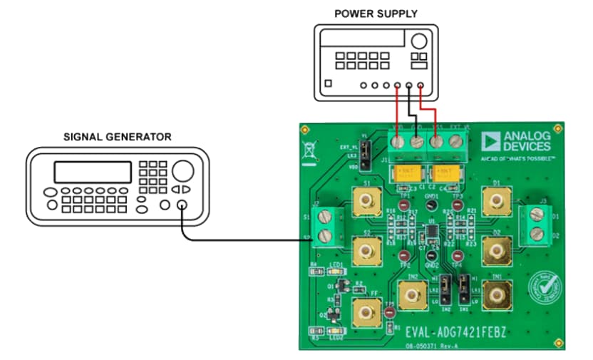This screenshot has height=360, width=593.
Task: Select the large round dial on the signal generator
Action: pos(182,170)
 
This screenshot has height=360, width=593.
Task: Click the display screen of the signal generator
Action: pos(93,172)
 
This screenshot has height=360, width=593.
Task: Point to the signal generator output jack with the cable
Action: pos(182,206)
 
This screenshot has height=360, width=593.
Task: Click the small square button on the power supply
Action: pos(327,84)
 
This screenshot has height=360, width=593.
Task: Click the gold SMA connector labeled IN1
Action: pos(496,293)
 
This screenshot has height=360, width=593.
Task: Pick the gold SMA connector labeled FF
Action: pos(367,312)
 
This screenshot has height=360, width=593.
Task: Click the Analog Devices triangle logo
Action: pos(491,140)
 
